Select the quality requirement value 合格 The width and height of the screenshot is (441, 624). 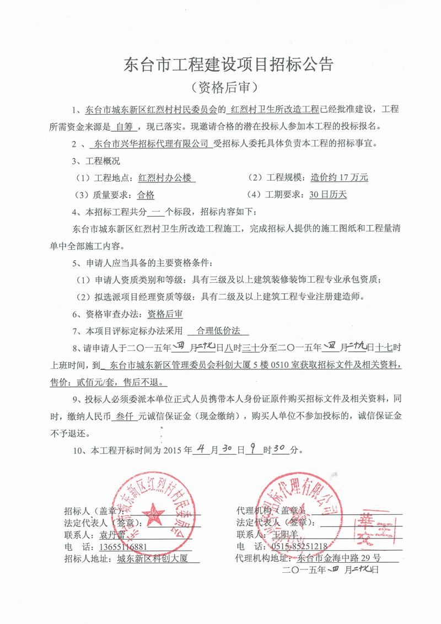click(x=146, y=195)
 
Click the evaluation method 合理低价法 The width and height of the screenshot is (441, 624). click(x=219, y=332)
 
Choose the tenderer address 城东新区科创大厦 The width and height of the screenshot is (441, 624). click(x=150, y=558)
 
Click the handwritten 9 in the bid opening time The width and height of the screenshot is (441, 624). click(x=253, y=450)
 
